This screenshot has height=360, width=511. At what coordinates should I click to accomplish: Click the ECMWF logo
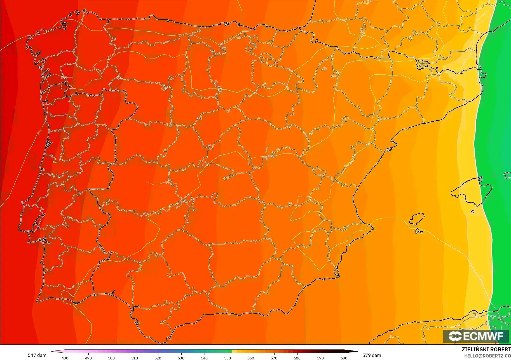476,336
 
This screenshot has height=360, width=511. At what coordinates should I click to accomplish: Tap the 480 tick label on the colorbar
65,358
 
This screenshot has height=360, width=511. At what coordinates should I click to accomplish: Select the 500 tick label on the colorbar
111,358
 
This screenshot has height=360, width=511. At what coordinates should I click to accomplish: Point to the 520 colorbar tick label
158,358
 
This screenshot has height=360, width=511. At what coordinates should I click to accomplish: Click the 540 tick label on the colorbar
204,358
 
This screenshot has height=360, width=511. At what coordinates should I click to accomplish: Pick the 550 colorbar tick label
228,358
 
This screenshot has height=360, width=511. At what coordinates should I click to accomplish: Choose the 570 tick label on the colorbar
274,358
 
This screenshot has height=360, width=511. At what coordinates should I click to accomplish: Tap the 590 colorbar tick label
320,358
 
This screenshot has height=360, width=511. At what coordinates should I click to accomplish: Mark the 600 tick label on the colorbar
344,358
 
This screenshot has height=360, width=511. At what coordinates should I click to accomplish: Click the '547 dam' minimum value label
37,355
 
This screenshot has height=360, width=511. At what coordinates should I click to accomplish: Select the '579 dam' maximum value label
372,355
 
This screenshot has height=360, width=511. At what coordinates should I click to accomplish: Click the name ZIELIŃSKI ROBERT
486,349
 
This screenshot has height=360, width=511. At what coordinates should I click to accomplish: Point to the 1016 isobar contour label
291,218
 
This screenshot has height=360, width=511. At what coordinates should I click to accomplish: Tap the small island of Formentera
419,231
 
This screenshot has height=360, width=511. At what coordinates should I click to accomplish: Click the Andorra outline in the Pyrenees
422,64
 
